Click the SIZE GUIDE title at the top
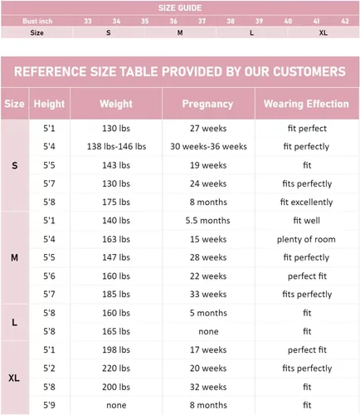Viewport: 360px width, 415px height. point(180,7)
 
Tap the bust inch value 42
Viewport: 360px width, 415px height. point(345,21)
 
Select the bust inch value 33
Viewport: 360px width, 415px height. point(88,21)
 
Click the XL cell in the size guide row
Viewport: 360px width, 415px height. point(324,32)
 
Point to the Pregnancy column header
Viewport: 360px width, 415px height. point(207,104)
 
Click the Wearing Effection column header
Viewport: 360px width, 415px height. point(306,104)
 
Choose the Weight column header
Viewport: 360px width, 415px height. point(116,104)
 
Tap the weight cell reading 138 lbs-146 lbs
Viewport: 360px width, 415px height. point(116,146)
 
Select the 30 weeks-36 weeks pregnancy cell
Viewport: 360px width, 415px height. point(208,146)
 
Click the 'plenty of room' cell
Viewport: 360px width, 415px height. point(306,239)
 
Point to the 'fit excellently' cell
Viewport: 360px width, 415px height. point(306,202)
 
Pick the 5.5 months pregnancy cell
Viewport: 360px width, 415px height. point(207,221)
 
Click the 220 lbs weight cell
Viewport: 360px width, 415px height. point(116,369)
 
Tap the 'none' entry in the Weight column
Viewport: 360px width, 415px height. point(116,405)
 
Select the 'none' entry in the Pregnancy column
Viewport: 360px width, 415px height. point(208,331)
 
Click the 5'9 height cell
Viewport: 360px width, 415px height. point(49,405)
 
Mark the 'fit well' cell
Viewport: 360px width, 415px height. point(306,221)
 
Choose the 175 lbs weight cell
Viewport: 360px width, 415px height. point(116,202)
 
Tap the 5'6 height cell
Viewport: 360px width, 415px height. point(49,276)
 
